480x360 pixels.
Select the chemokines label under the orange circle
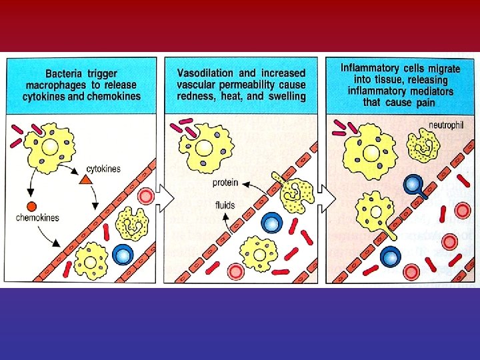point(37,218)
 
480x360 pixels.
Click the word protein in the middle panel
point(225,183)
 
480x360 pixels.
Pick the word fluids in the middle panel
point(225,205)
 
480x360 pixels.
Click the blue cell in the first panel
point(123,254)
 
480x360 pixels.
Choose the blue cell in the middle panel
point(272,222)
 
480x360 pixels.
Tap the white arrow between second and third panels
point(325,197)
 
